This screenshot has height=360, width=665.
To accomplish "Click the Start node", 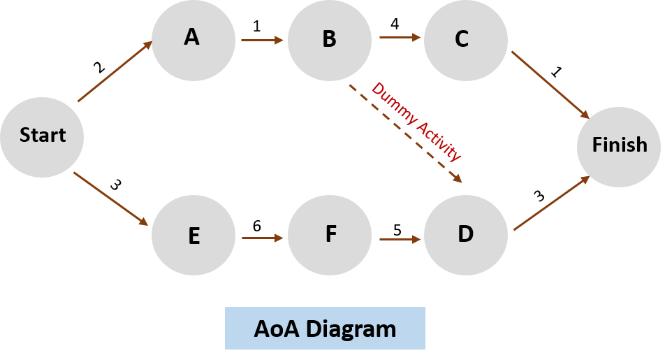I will coord(42,136).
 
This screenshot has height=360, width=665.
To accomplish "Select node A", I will coord(193,39).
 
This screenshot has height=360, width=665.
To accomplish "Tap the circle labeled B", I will coord(329,40).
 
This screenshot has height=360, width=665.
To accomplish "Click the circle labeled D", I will coord(465,234).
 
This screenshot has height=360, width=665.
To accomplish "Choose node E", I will coord(193,236).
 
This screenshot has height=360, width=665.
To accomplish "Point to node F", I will coord(330,235).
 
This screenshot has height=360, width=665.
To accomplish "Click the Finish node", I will coord(619,146).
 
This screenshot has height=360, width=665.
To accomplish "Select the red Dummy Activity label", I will coord(416,122).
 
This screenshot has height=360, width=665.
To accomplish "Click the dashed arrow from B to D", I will coord(405,134).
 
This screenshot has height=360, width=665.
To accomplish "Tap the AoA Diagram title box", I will coord(325,328).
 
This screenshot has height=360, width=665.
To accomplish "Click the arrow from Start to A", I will coord(115,72).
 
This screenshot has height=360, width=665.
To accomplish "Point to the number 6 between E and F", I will coord(256,226).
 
